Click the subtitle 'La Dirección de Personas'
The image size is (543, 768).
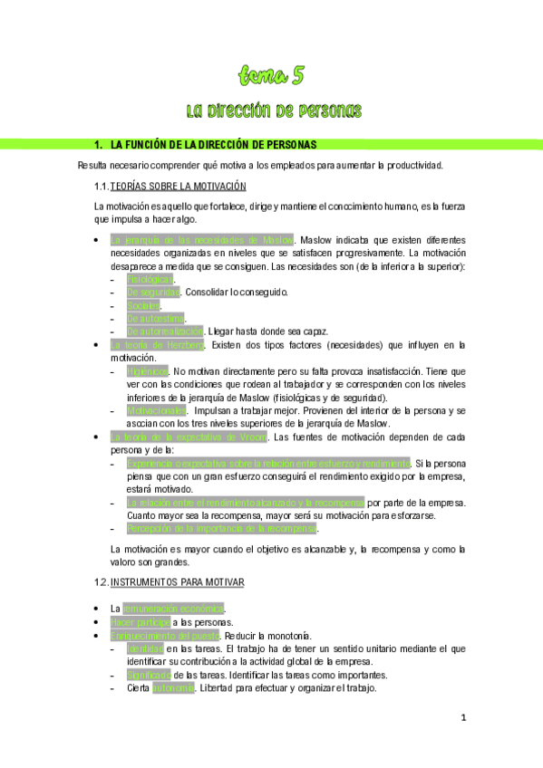click(x=273, y=111)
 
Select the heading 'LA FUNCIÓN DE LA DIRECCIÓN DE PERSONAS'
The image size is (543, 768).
click(x=213, y=145)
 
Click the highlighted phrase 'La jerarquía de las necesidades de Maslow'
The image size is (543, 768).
click(x=202, y=240)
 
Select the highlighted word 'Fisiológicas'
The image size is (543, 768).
click(x=150, y=279)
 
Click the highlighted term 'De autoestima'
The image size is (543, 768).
click(x=155, y=319)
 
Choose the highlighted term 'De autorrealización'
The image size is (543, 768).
click(x=165, y=331)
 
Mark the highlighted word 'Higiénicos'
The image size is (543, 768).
click(x=147, y=371)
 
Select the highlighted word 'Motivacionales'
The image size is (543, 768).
click(x=156, y=410)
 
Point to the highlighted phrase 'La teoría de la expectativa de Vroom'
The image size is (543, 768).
click(x=189, y=437)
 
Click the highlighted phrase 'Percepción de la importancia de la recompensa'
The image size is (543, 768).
click(x=222, y=528)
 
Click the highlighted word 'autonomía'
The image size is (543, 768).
click(x=173, y=688)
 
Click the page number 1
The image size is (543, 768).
click(x=463, y=719)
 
